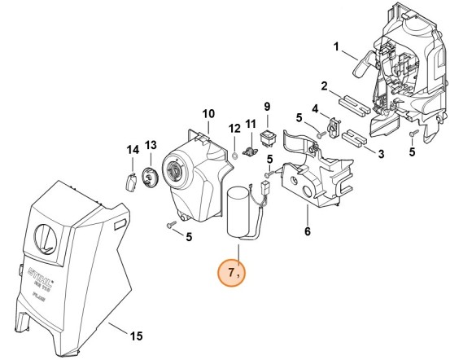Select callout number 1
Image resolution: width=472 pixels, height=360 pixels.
pos(335,47)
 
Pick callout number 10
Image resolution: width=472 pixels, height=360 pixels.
pos(208,113)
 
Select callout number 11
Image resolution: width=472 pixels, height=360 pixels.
pos(251,123)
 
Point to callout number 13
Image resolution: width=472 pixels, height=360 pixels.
pos(151,145)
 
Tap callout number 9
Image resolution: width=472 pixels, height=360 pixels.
pos(265,107)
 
